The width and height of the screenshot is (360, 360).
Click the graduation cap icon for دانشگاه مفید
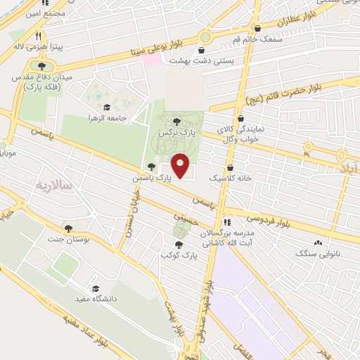click(96, 288)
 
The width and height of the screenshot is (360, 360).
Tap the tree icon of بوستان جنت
click(68, 229)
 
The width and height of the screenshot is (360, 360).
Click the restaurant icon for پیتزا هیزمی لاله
click(39, 36)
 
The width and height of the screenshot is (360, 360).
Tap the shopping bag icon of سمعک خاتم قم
click(257, 29)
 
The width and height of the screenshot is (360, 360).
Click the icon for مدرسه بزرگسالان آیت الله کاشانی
click(226, 223)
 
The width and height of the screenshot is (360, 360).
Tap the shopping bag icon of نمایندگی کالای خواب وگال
click(241, 119)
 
